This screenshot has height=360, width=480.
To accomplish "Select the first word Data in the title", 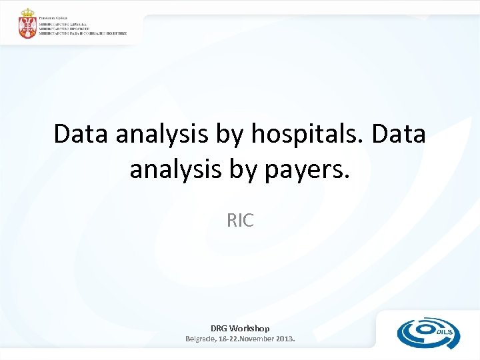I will (81, 134).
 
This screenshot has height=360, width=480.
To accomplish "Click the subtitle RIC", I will (240, 220).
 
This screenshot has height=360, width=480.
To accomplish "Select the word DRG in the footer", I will (219, 328).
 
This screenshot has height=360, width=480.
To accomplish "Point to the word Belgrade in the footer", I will (201, 339).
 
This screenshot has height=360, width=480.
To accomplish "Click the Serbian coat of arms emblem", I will (28, 25).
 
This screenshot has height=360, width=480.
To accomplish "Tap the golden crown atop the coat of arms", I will (28, 13).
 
